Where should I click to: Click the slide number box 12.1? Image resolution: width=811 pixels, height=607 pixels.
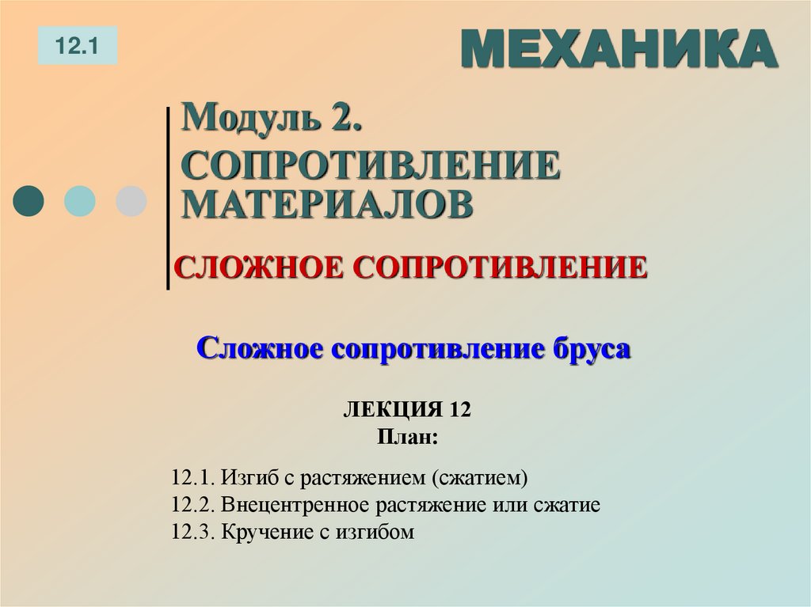pyautogui.click(x=77, y=46)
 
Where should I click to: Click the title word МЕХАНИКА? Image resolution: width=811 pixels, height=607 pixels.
pyautogui.click(x=619, y=50)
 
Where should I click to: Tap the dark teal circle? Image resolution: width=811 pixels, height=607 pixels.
pyautogui.click(x=30, y=201)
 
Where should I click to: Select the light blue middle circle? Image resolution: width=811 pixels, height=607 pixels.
pyautogui.click(x=79, y=201)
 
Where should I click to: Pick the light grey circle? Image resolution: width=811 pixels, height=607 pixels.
pyautogui.click(x=131, y=201)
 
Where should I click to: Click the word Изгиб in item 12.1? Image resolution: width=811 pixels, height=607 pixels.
pyautogui.click(x=246, y=479)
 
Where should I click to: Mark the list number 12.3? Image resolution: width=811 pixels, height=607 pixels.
pyautogui.click(x=189, y=531)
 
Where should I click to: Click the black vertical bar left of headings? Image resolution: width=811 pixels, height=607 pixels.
pyautogui.click(x=169, y=198)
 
